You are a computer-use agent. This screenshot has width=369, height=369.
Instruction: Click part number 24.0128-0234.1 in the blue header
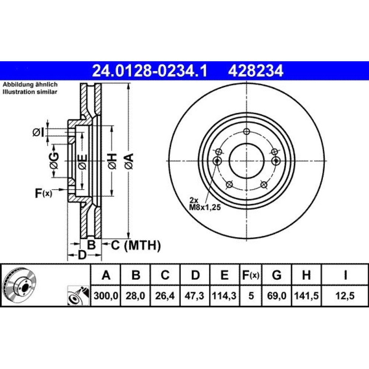tap(150, 71)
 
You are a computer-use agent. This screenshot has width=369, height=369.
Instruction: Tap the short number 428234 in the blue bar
tap(255, 71)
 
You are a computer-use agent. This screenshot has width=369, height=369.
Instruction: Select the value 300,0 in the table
tap(106, 296)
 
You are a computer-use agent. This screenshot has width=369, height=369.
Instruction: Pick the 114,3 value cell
tap(224, 296)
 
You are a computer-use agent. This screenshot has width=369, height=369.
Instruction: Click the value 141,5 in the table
tap(306, 296)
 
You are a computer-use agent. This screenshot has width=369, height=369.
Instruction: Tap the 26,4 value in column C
tap(165, 296)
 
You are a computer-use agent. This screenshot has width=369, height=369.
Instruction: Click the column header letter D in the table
tap(195, 275)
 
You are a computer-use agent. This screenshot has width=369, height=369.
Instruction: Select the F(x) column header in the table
tap(251, 275)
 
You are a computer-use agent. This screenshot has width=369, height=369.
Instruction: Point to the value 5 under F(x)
tap(251, 296)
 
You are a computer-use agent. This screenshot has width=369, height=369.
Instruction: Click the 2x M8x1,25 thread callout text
tap(205, 204)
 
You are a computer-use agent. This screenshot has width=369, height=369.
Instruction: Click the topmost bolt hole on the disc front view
tap(246, 132)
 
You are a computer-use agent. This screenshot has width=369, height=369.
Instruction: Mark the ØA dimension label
tap(130, 161)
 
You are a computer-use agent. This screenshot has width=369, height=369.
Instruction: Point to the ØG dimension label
tap(54, 161)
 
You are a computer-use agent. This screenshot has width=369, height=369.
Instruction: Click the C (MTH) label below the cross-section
tap(136, 245)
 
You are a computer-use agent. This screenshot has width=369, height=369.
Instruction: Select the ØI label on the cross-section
tap(38, 133)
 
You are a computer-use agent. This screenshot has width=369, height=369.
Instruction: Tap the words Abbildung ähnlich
tap(30, 85)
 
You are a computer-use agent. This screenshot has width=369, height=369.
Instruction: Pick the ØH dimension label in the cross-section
tap(113, 161)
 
